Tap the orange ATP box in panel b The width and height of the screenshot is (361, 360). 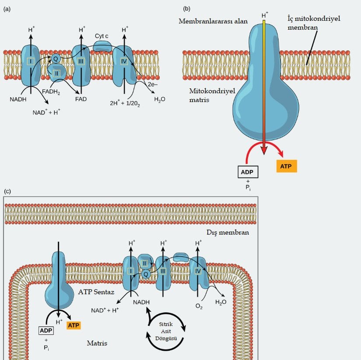click(x=287, y=166)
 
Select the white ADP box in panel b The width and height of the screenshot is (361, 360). click(x=247, y=172)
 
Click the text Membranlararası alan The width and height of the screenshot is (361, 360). click(x=213, y=21)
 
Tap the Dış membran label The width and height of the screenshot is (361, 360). click(x=228, y=232)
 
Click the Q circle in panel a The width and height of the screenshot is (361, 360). click(x=55, y=58)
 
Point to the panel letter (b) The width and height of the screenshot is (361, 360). click(x=187, y=8)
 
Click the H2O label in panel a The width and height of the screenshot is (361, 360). click(x=160, y=99)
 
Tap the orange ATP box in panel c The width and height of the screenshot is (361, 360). click(x=74, y=325)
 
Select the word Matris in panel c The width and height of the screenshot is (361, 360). click(x=97, y=343)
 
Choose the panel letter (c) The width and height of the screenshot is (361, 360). click(x=7, y=191)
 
